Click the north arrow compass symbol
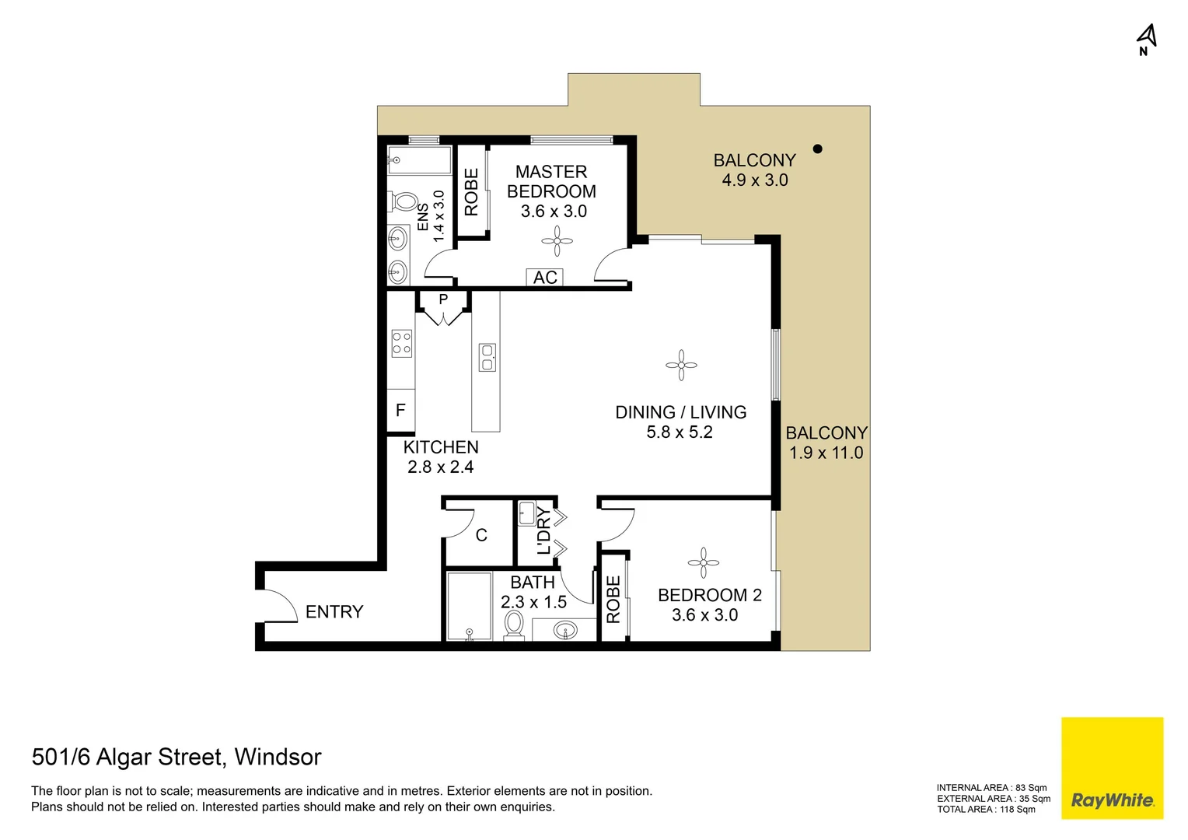pos(1146,38)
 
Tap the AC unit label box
pos(545,278)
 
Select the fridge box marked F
pos(400,411)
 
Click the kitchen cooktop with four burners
pos(401,343)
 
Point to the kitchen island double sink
pos(487,357)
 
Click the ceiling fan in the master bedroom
pos(557,241)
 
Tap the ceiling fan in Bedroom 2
pos(703,563)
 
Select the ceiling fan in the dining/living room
pos(681,365)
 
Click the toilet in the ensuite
pos(404,201)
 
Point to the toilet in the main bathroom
pos(514,625)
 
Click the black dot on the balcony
pos(817,149)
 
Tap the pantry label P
pos(443,299)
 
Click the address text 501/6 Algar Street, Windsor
pos(176,757)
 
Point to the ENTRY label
pos(334,612)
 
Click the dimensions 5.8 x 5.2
pos(680,432)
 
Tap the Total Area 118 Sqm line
pos(986,810)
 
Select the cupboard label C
pos(481,535)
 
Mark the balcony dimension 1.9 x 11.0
pos(826,453)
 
